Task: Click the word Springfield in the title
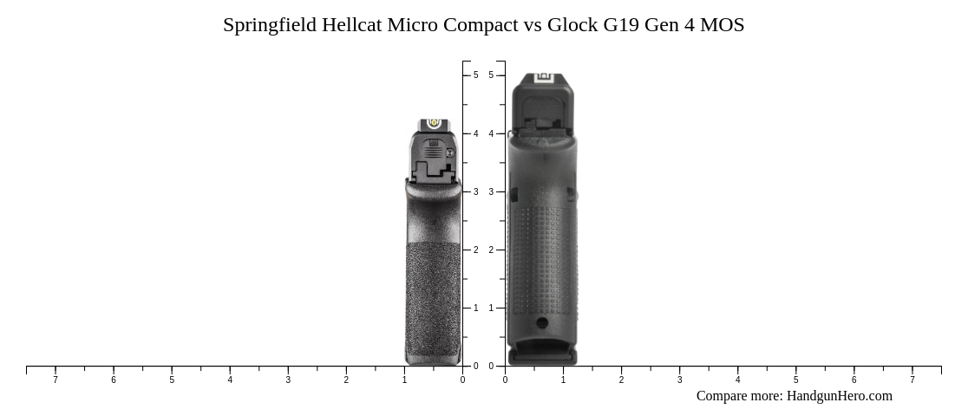pyautogui.click(x=269, y=25)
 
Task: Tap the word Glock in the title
pyautogui.click(x=572, y=25)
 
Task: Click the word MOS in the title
pyautogui.click(x=722, y=25)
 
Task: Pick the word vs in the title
pyautogui.click(x=533, y=25)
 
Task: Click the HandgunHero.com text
pyautogui.click(x=839, y=396)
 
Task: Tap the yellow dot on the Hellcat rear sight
pyautogui.click(x=434, y=123)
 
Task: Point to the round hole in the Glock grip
pyautogui.click(x=542, y=323)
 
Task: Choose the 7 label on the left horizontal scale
pyautogui.click(x=56, y=380)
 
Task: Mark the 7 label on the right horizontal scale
pyautogui.click(x=912, y=380)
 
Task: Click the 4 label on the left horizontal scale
pyautogui.click(x=230, y=380)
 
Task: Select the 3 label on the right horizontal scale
pyautogui.click(x=679, y=380)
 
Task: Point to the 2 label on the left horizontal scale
pyautogui.click(x=346, y=380)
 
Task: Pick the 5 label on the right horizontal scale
pyautogui.click(x=795, y=380)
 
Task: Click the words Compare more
pyautogui.click(x=738, y=396)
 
